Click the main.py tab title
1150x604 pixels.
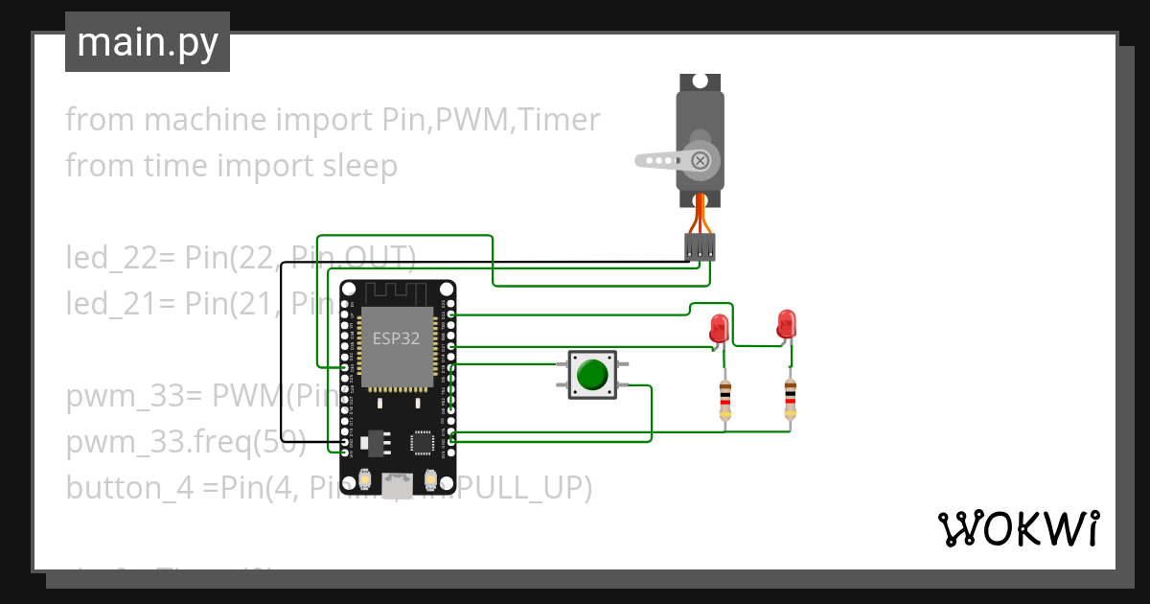(147, 42)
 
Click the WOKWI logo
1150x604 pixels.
(1018, 528)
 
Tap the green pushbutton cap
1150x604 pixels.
(594, 374)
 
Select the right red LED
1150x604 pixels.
(787, 323)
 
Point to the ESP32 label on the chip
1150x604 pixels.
(396, 338)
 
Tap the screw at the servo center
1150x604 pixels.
(701, 159)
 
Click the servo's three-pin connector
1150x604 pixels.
(701, 246)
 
